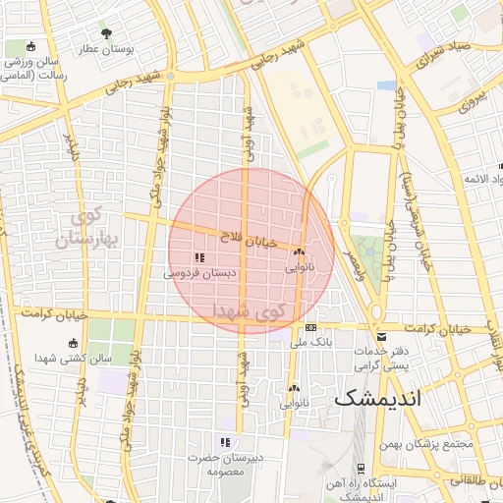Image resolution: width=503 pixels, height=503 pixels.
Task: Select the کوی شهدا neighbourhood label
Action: click(x=252, y=311)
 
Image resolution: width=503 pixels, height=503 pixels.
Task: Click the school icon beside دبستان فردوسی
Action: click(x=186, y=257)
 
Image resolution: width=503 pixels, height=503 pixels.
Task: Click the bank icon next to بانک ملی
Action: click(x=311, y=327)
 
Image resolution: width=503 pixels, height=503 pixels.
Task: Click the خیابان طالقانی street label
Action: click(x=470, y=482)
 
